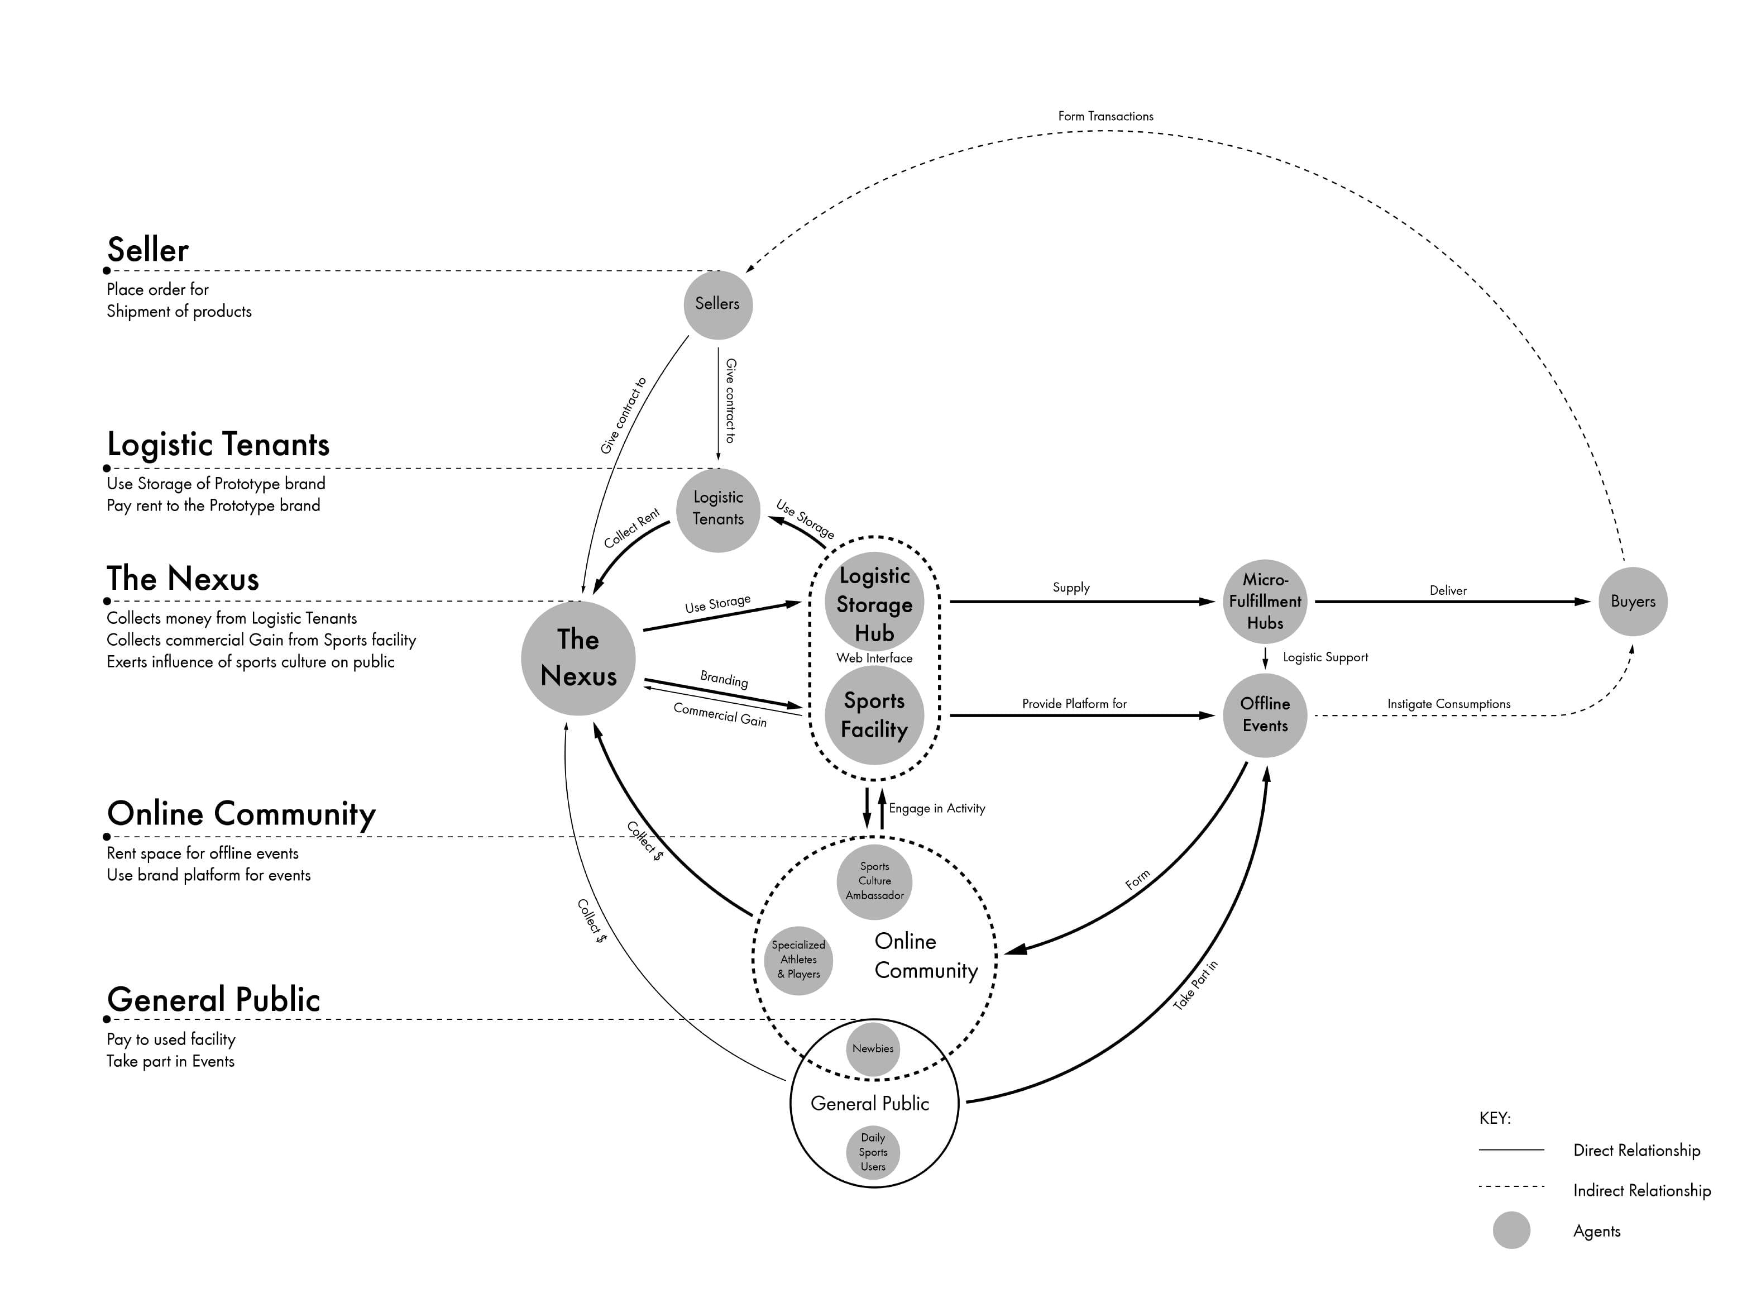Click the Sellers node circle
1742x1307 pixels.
[717, 305]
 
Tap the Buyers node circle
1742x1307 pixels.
[1633, 601]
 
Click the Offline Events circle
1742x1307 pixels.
[1265, 715]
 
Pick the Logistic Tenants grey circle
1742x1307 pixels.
[717, 510]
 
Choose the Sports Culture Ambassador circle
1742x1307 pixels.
[874, 881]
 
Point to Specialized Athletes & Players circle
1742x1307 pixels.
[798, 960]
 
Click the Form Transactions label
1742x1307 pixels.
[1105, 116]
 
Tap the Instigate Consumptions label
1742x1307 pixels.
[1449, 704]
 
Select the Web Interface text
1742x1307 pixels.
[874, 658]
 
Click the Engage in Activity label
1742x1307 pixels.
[937, 808]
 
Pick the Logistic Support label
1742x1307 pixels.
[1325, 657]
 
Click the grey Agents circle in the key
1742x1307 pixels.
[1511, 1230]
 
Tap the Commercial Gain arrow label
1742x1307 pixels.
[720, 714]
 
